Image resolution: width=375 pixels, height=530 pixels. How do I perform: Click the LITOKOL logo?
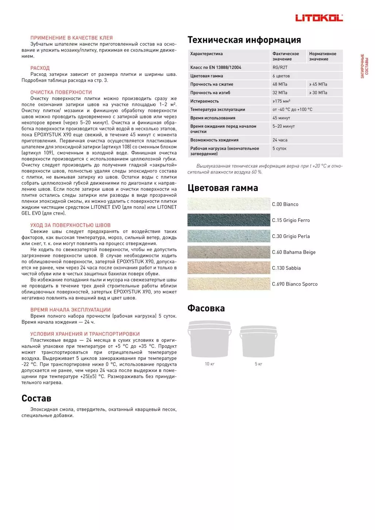pos(319,18)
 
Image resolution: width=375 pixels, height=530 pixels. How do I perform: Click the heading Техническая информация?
pos(244,40)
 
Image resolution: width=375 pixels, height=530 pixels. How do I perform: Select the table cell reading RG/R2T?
pos(280,68)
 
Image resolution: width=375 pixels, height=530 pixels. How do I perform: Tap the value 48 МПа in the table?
pos(280,84)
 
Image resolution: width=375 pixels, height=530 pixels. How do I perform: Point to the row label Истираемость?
pos(204,101)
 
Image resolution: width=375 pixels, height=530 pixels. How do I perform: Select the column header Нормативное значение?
pos(323,56)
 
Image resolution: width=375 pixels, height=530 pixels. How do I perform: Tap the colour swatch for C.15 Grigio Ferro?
pos(229,220)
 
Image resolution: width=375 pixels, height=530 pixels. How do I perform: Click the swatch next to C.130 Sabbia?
pos(229,268)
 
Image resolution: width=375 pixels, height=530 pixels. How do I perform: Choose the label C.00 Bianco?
pos(285,204)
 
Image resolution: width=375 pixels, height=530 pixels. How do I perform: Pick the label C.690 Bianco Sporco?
pos(295,284)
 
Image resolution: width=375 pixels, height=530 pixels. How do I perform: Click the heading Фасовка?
pos(206,308)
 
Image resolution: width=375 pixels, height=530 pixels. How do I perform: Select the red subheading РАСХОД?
pos(40,68)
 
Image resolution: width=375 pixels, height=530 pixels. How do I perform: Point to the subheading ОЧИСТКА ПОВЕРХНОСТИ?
pos(61,92)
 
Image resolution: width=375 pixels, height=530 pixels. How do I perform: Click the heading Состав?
pos(36,398)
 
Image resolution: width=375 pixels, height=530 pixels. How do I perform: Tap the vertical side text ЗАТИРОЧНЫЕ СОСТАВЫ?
pos(364,66)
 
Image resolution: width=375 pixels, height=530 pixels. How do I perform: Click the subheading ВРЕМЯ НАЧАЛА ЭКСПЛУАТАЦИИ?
pos(70,310)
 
